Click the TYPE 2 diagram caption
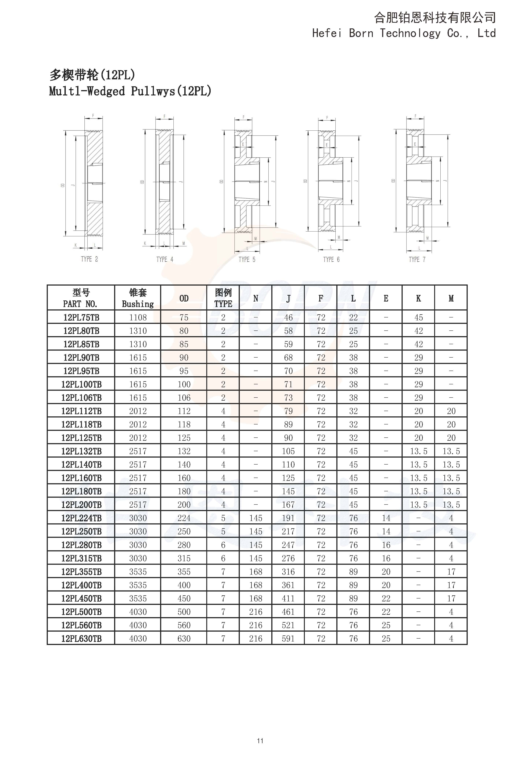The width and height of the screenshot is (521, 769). pyautogui.click(x=89, y=259)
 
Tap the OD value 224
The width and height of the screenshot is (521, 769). pyautogui.click(x=184, y=518)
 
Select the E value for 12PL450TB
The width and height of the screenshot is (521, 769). pyautogui.click(x=386, y=599)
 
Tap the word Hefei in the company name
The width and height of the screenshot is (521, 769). pyautogui.click(x=327, y=33)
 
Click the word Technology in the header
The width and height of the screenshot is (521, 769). pyautogui.click(x=410, y=33)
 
